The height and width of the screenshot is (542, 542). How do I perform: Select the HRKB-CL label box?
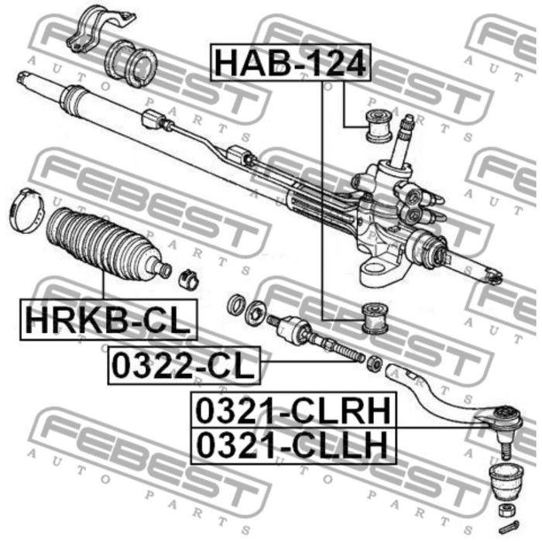pos(108,321)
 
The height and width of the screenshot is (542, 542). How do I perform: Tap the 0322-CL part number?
pos(184,364)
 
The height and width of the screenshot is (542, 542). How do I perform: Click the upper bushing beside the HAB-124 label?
pos(377,124)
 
